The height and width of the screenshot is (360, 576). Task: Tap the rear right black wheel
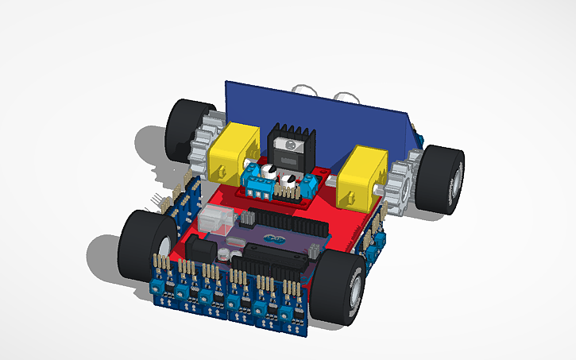443,180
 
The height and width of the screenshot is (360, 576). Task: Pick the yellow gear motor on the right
361,176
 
